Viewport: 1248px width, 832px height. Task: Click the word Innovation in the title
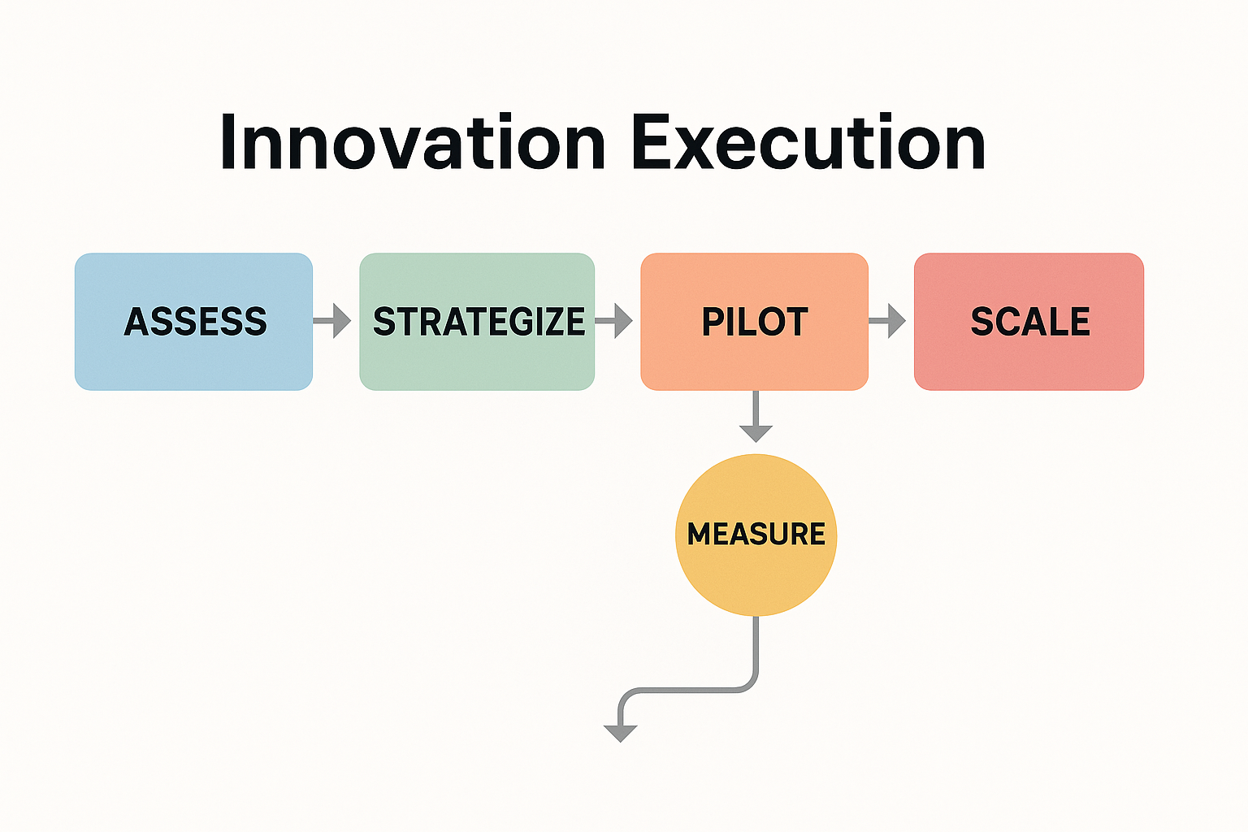(413, 141)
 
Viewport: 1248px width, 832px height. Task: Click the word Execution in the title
(808, 141)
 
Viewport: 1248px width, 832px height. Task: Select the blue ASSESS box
(194, 322)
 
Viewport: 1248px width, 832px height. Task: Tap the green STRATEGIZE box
(477, 322)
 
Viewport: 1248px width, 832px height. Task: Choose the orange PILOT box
(754, 322)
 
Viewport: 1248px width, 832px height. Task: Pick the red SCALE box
(1029, 322)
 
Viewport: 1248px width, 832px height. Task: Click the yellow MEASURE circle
(756, 535)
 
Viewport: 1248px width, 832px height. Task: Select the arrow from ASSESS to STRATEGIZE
(332, 321)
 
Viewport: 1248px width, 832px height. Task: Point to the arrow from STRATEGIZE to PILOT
(614, 321)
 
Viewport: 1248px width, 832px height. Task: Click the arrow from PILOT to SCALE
(887, 321)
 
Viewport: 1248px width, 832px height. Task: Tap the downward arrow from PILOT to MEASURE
(756, 416)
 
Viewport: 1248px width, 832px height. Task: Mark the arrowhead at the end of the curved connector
(621, 734)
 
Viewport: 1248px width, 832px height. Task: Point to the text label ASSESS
(196, 322)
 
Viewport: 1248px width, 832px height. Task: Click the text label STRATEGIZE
(479, 322)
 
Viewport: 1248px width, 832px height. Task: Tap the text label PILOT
(755, 322)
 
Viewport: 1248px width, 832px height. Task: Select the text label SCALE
(1030, 322)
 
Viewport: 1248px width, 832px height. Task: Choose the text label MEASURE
(756, 534)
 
